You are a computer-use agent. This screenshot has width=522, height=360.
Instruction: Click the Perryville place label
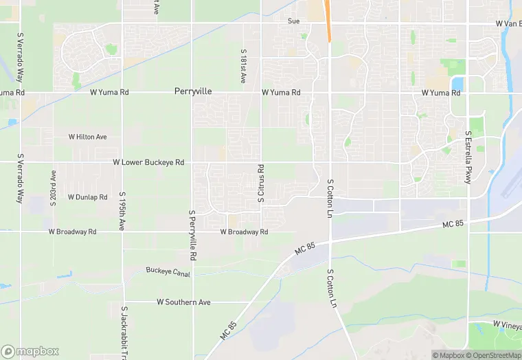tap(193, 91)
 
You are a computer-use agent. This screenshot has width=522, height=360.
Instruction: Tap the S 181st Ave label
tap(243, 66)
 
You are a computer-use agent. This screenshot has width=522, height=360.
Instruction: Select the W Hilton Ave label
tap(88, 137)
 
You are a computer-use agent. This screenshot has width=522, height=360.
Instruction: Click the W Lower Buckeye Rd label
tap(148, 162)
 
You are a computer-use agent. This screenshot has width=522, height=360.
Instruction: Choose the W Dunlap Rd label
tap(88, 196)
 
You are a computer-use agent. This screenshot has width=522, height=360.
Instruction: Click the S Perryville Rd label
tap(193, 236)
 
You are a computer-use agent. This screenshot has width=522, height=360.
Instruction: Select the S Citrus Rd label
tap(261, 183)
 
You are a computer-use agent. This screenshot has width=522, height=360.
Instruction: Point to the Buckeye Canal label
tap(167, 270)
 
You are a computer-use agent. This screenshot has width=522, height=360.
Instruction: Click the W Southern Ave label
tap(183, 302)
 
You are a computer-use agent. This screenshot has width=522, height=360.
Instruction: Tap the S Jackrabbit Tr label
tap(124, 333)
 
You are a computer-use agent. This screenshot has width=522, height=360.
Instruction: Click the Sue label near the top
tap(293, 21)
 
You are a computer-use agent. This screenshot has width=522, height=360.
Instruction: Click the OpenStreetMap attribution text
tap(492, 355)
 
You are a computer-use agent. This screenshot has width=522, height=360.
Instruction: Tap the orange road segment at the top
tap(328, 21)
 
